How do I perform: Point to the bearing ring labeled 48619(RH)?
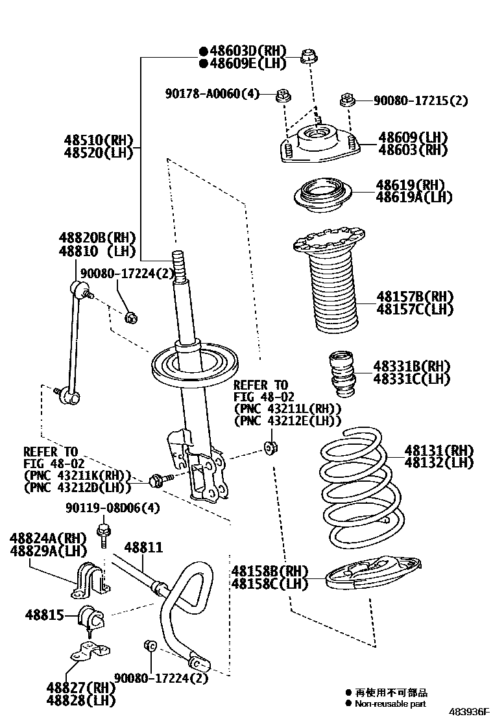(x=321, y=195)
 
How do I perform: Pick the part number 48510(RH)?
(x=97, y=140)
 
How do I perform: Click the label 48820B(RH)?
(x=97, y=237)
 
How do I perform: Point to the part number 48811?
(x=143, y=548)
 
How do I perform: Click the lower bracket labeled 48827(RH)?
(x=88, y=650)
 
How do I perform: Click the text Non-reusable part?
(x=390, y=703)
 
